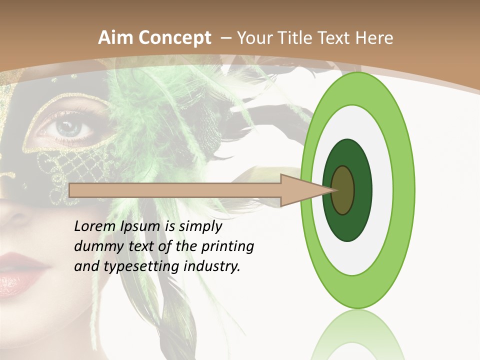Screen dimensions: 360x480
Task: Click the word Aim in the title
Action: click(115, 38)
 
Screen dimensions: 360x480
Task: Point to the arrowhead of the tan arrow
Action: click(305, 190)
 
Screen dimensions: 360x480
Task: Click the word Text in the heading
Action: click(337, 38)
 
